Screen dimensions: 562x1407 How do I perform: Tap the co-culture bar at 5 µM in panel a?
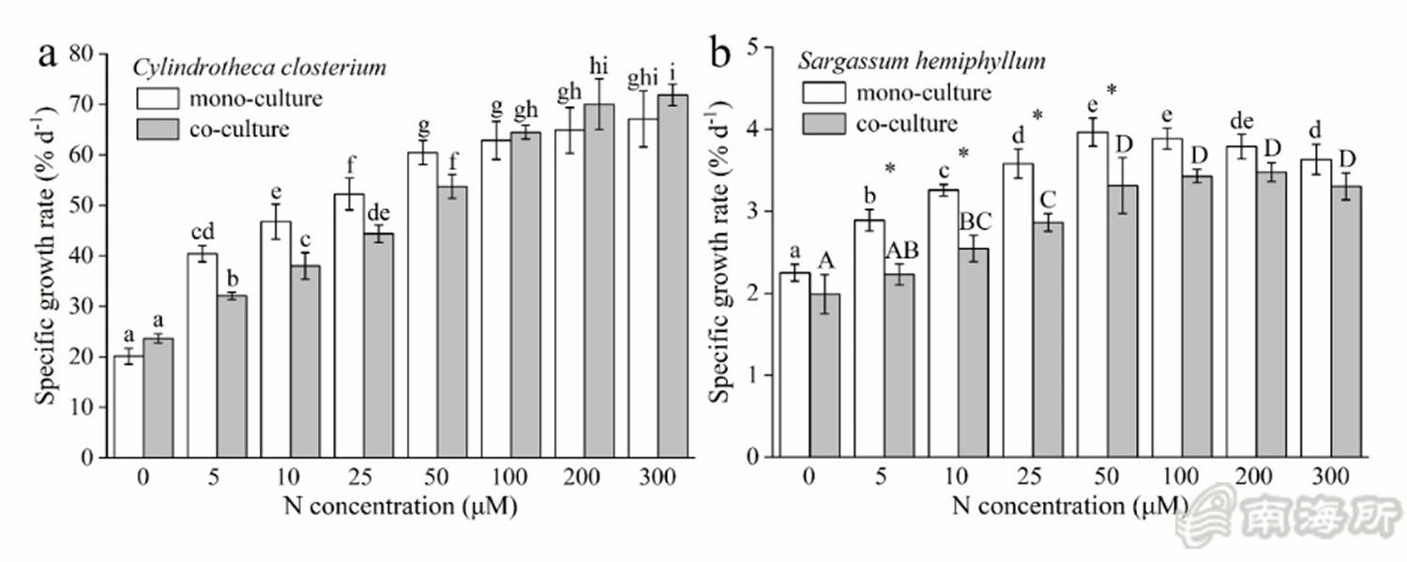231,376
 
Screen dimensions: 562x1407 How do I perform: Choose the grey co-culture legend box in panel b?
823,122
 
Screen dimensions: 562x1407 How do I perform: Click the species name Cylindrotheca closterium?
259,68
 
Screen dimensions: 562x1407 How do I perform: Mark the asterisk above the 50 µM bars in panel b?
1112,90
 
